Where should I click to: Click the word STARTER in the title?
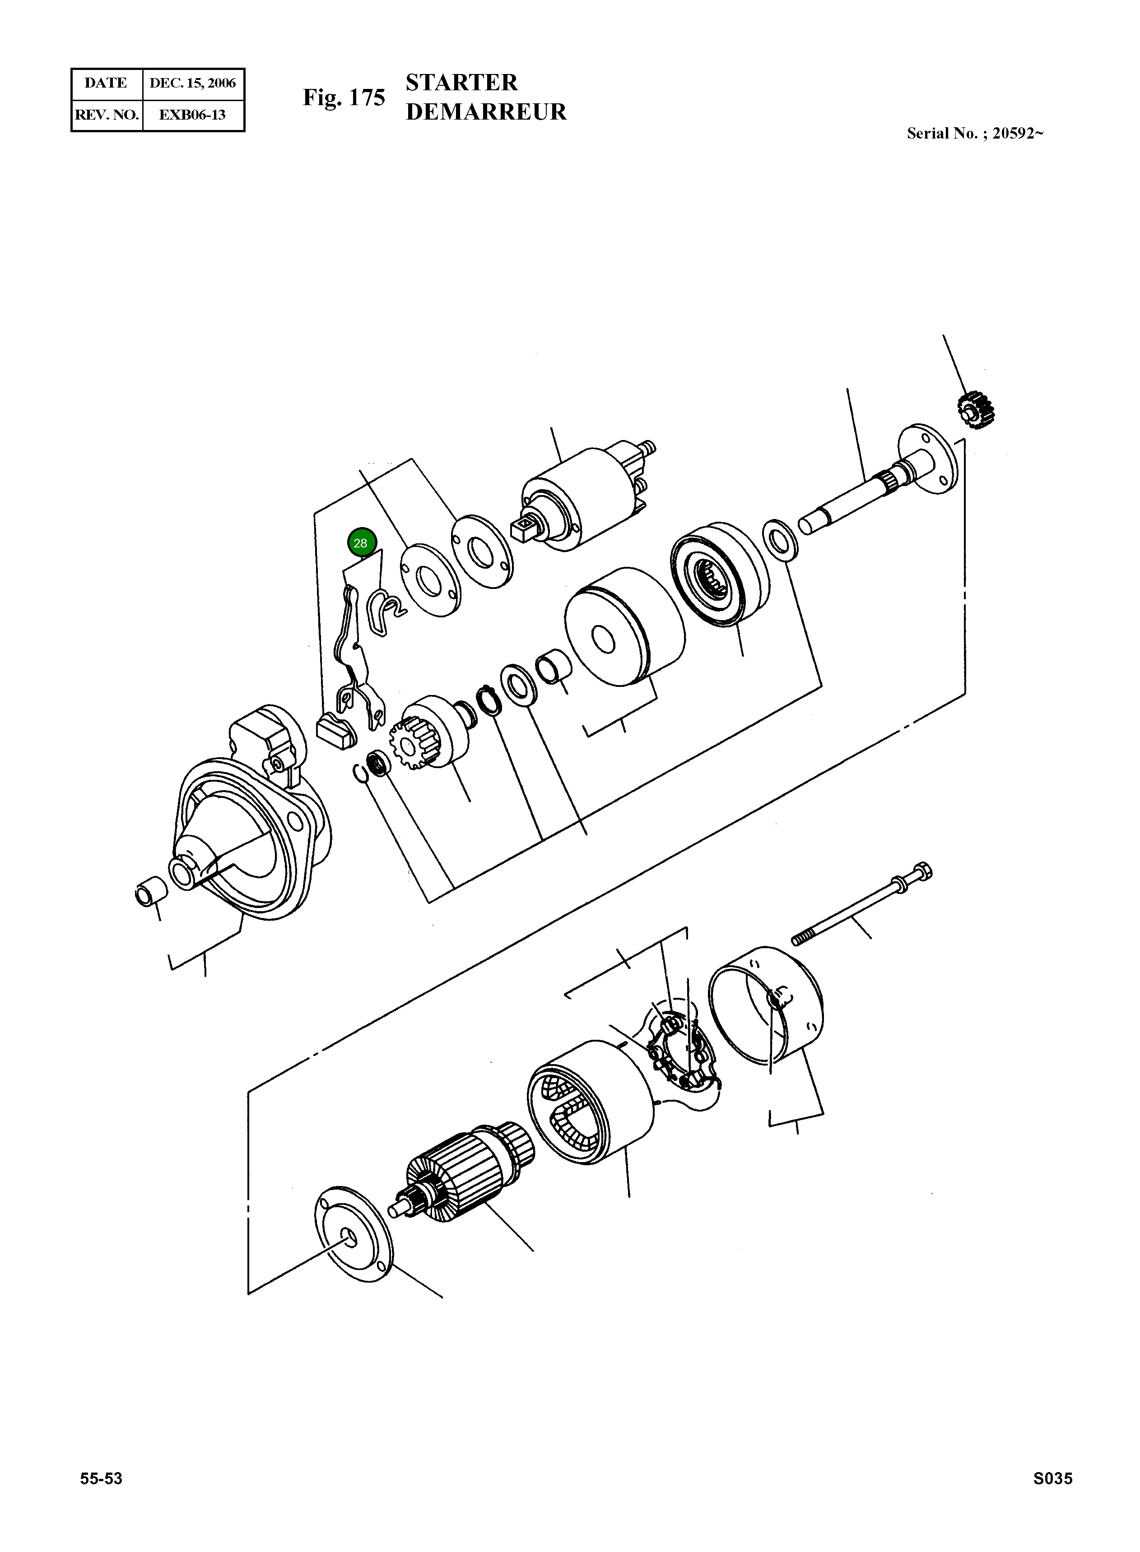click(x=461, y=83)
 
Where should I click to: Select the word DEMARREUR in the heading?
click(x=486, y=112)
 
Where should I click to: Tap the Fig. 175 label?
click(x=344, y=97)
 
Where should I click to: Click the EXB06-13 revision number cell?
click(x=192, y=115)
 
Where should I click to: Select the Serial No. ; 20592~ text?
click(x=974, y=133)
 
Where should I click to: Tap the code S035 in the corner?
click(x=1052, y=1478)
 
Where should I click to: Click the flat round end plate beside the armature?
click(x=353, y=1235)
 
